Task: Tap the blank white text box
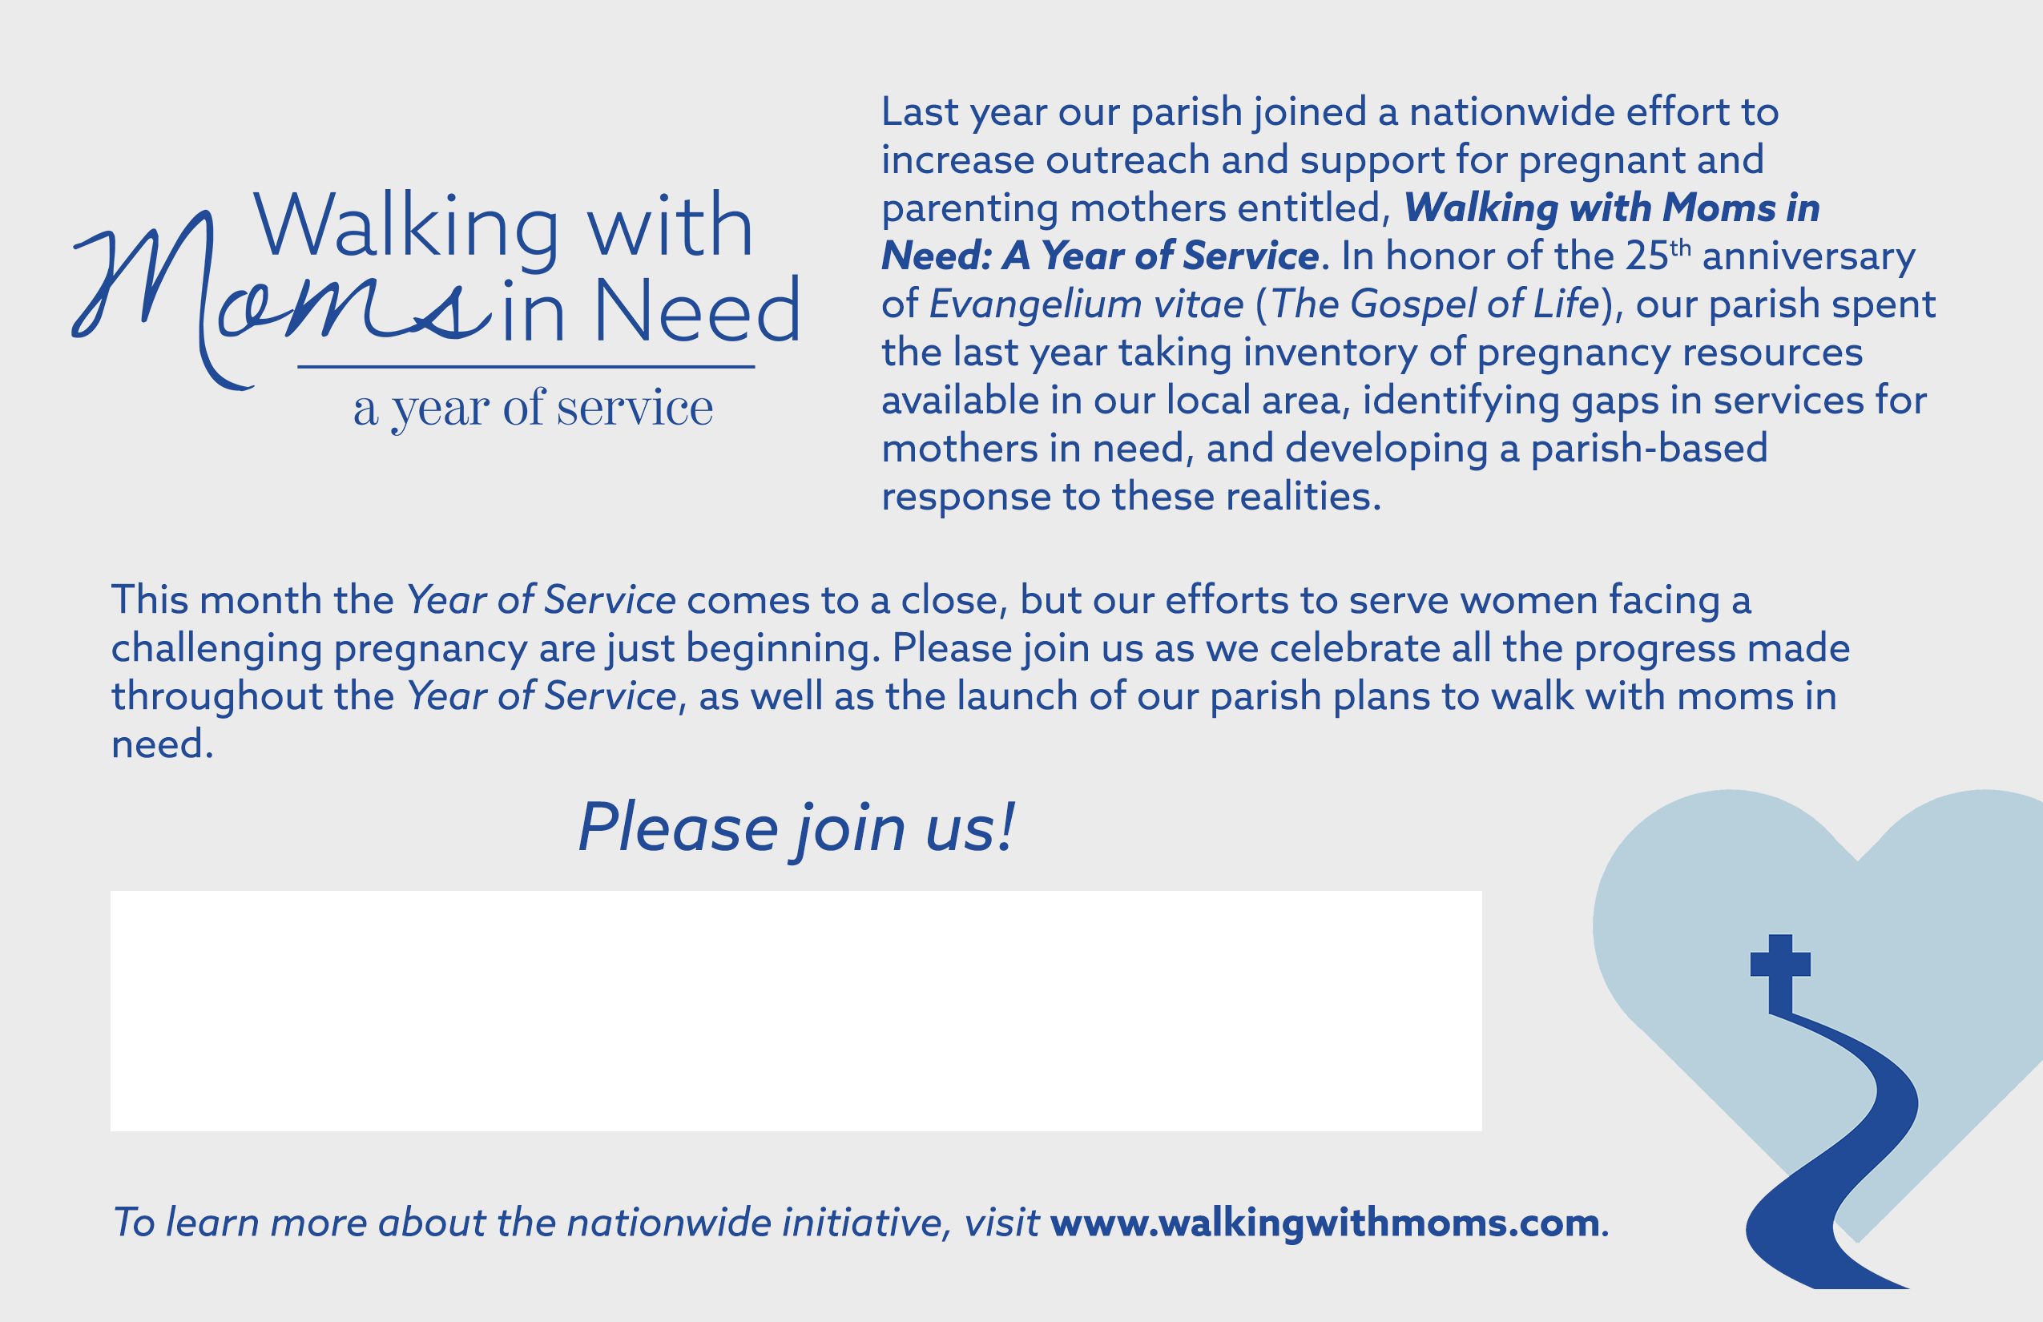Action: pyautogui.click(x=796, y=1010)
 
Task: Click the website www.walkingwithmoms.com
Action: pyautogui.click(x=1324, y=1223)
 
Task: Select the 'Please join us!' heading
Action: pyautogui.click(x=796, y=828)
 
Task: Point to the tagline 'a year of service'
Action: pyautogui.click(x=532, y=409)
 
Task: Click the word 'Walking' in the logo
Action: pyautogui.click(x=407, y=228)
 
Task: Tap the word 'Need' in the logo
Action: pyautogui.click(x=696, y=310)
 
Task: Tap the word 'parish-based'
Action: pyautogui.click(x=1649, y=449)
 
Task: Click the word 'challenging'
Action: pyautogui.click(x=216, y=649)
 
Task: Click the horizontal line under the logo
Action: pyautogui.click(x=526, y=367)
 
